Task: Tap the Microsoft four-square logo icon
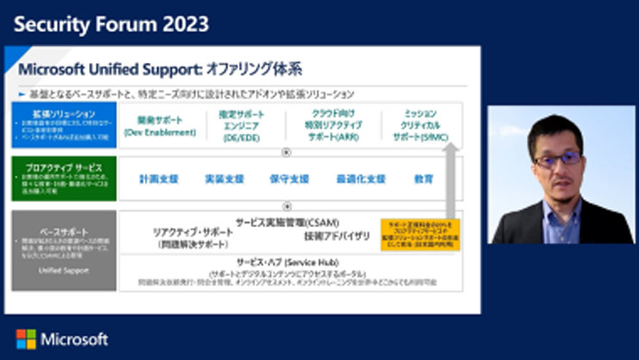pyautogui.click(x=26, y=338)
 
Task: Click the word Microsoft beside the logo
pyautogui.click(x=74, y=338)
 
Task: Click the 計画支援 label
pyautogui.click(x=159, y=179)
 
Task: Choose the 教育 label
pyautogui.click(x=423, y=179)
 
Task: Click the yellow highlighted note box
pyautogui.click(x=421, y=234)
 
